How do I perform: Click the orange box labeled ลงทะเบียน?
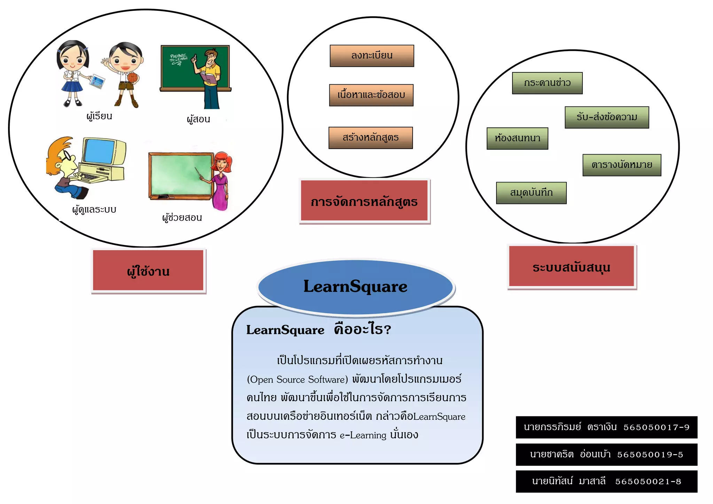tap(372, 56)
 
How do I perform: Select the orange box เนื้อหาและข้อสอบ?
tap(371, 95)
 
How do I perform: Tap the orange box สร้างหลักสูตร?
tap(370, 138)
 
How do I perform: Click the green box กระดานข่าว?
tap(547, 83)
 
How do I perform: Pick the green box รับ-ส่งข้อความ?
tap(606, 117)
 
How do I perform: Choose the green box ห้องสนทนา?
tap(517, 139)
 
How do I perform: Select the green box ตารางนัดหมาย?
tap(621, 165)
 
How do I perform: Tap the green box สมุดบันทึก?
tap(531, 193)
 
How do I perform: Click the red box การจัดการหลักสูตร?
tap(364, 201)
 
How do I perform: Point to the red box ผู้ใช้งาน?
tap(148, 270)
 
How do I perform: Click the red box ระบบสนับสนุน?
tap(571, 267)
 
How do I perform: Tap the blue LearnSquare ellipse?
tap(355, 286)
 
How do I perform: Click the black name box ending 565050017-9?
tap(606, 427)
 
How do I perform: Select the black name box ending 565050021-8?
tap(606, 481)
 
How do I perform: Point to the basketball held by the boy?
tap(133, 78)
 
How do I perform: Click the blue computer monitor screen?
tap(100, 151)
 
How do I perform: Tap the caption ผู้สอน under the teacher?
tap(198, 119)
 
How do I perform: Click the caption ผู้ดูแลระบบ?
tap(94, 210)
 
